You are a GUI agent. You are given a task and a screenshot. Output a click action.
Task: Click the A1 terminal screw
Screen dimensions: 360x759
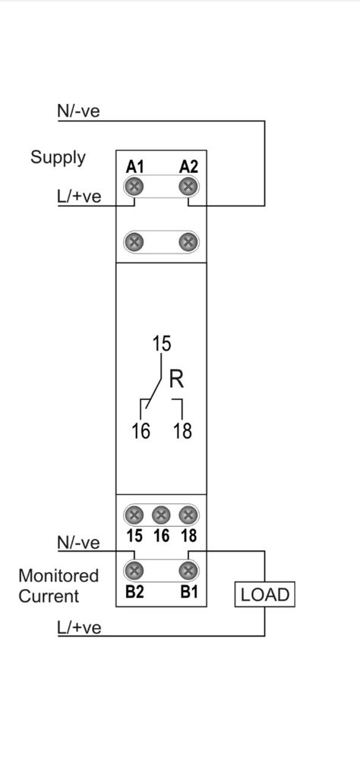134,187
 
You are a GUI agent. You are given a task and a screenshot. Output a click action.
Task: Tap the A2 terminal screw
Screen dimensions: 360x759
188,187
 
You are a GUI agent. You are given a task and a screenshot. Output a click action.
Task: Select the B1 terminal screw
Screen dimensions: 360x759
188,571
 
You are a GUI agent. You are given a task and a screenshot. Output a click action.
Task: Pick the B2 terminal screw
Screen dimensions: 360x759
134,571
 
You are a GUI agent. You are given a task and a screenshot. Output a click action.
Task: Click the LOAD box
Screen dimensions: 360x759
264,595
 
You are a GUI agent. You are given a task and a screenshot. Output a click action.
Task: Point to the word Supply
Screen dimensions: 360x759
58,158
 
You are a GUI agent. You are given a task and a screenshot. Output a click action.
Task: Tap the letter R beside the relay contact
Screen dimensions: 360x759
177,379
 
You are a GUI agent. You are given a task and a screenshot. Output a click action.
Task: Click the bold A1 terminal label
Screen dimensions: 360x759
135,167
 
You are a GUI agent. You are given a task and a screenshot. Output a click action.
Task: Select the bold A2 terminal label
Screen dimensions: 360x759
188,167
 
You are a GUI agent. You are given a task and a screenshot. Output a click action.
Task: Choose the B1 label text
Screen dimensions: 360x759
188,592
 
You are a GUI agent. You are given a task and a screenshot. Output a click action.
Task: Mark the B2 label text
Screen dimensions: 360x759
134,592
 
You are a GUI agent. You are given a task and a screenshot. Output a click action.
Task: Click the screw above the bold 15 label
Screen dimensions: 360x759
134,515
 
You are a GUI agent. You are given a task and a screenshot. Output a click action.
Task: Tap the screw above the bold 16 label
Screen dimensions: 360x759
161,515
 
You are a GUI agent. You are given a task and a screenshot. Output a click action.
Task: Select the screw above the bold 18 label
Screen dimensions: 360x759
188,515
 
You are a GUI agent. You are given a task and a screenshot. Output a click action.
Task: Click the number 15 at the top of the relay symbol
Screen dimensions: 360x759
162,344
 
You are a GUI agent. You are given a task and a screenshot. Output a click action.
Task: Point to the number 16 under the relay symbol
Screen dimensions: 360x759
141,431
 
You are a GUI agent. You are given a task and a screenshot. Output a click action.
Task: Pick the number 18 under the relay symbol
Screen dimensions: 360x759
183,431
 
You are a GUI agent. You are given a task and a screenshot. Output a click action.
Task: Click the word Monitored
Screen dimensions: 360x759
58,575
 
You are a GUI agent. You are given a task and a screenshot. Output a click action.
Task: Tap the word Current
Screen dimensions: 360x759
49,596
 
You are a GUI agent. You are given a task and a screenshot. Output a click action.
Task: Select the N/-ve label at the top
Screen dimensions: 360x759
78,111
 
